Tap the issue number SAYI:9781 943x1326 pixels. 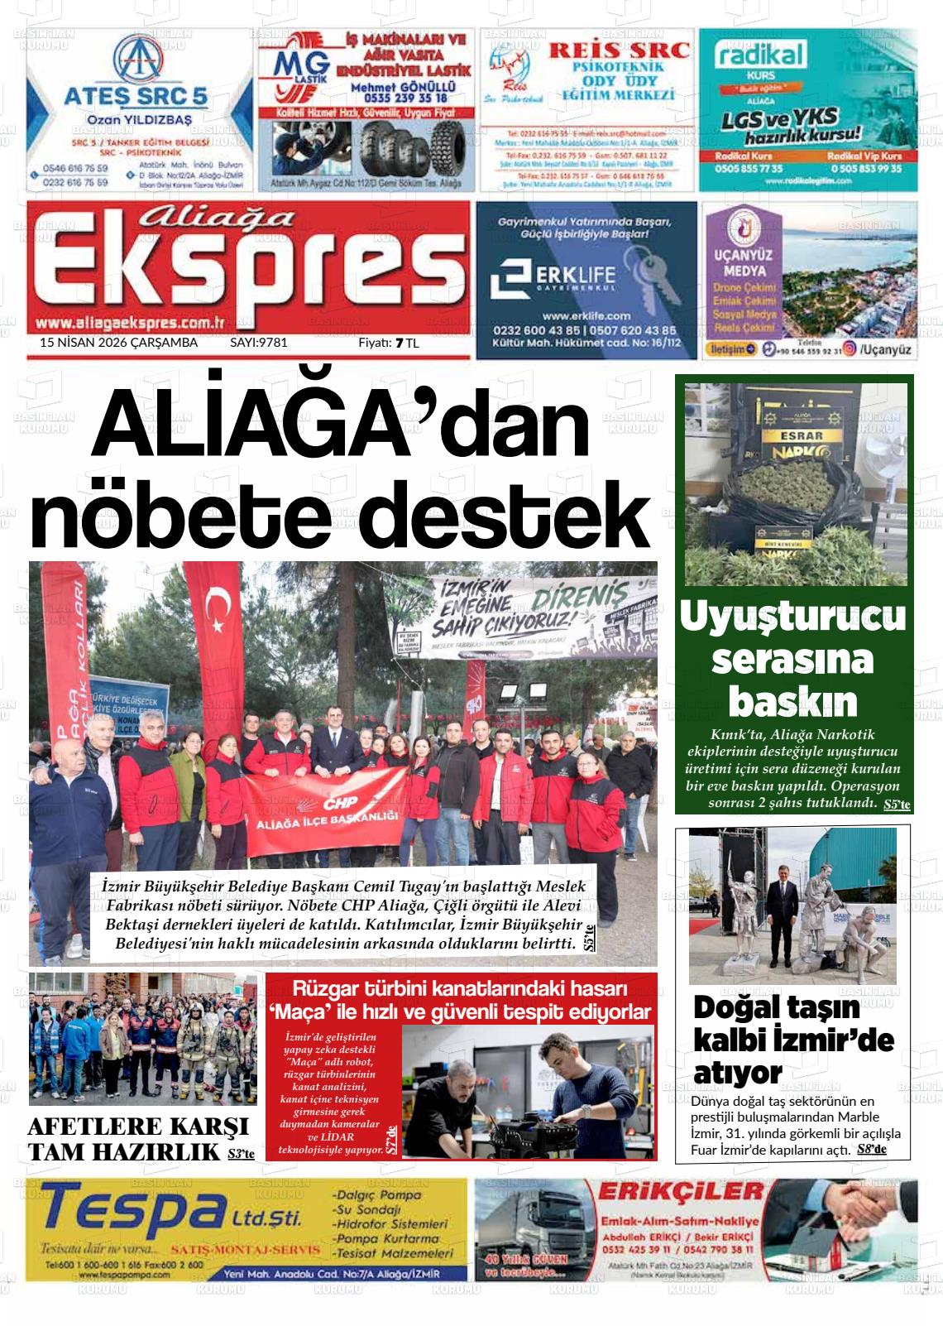[x=258, y=342]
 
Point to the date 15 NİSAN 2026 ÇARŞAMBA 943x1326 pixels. [x=119, y=342]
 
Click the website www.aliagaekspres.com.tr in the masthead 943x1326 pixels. [x=132, y=323]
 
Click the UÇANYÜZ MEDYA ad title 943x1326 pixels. [x=744, y=263]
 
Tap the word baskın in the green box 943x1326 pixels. [x=792, y=702]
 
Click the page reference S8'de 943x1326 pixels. [x=872, y=1149]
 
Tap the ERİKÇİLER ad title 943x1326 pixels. [x=681, y=1193]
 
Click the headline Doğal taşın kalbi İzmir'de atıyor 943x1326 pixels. [x=792, y=1040]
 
